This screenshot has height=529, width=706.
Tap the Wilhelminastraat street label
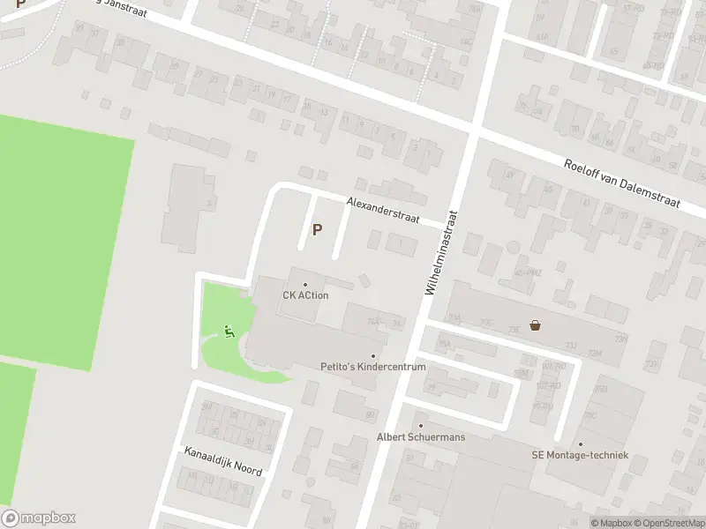coord(442,251)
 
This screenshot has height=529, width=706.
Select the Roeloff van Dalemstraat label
coord(622,183)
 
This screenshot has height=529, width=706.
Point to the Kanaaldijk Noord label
coord(222,461)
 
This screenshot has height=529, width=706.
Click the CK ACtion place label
coord(305,295)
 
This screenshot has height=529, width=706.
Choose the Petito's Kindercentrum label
coord(372,366)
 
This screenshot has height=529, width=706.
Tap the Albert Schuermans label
coord(421,437)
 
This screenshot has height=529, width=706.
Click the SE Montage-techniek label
coord(580,455)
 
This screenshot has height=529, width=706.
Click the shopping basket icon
coord(535,324)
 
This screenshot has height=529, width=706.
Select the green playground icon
coord(229,332)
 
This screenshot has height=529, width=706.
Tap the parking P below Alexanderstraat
coord(317,230)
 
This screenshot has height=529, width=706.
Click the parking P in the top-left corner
coord(20,4)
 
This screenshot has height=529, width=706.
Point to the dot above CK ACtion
coord(305,284)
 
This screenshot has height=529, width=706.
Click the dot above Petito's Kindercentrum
coord(372,355)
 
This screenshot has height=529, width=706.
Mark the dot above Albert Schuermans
coord(421,426)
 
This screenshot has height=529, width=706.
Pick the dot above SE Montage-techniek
coord(580,443)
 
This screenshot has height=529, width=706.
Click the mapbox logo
coord(38,518)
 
